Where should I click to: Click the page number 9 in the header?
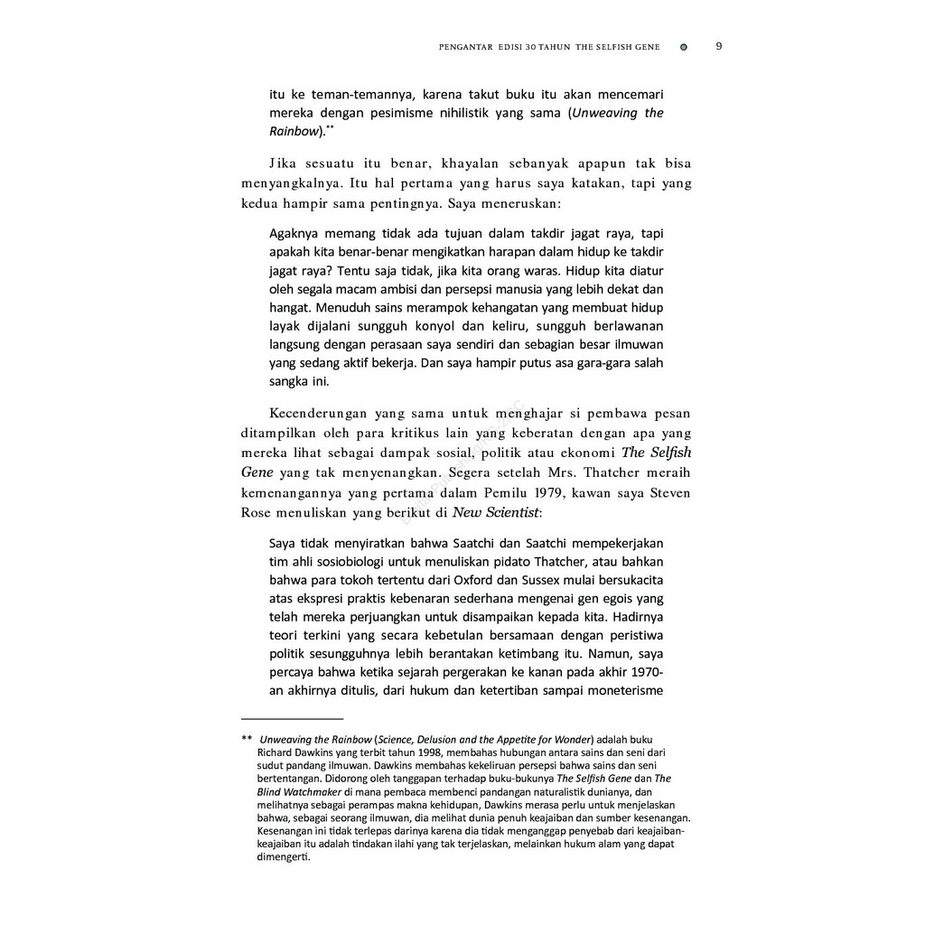point(718,47)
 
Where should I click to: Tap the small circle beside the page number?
point(683,48)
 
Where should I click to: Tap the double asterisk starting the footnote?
point(247,738)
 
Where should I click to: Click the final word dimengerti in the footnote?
point(284,858)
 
